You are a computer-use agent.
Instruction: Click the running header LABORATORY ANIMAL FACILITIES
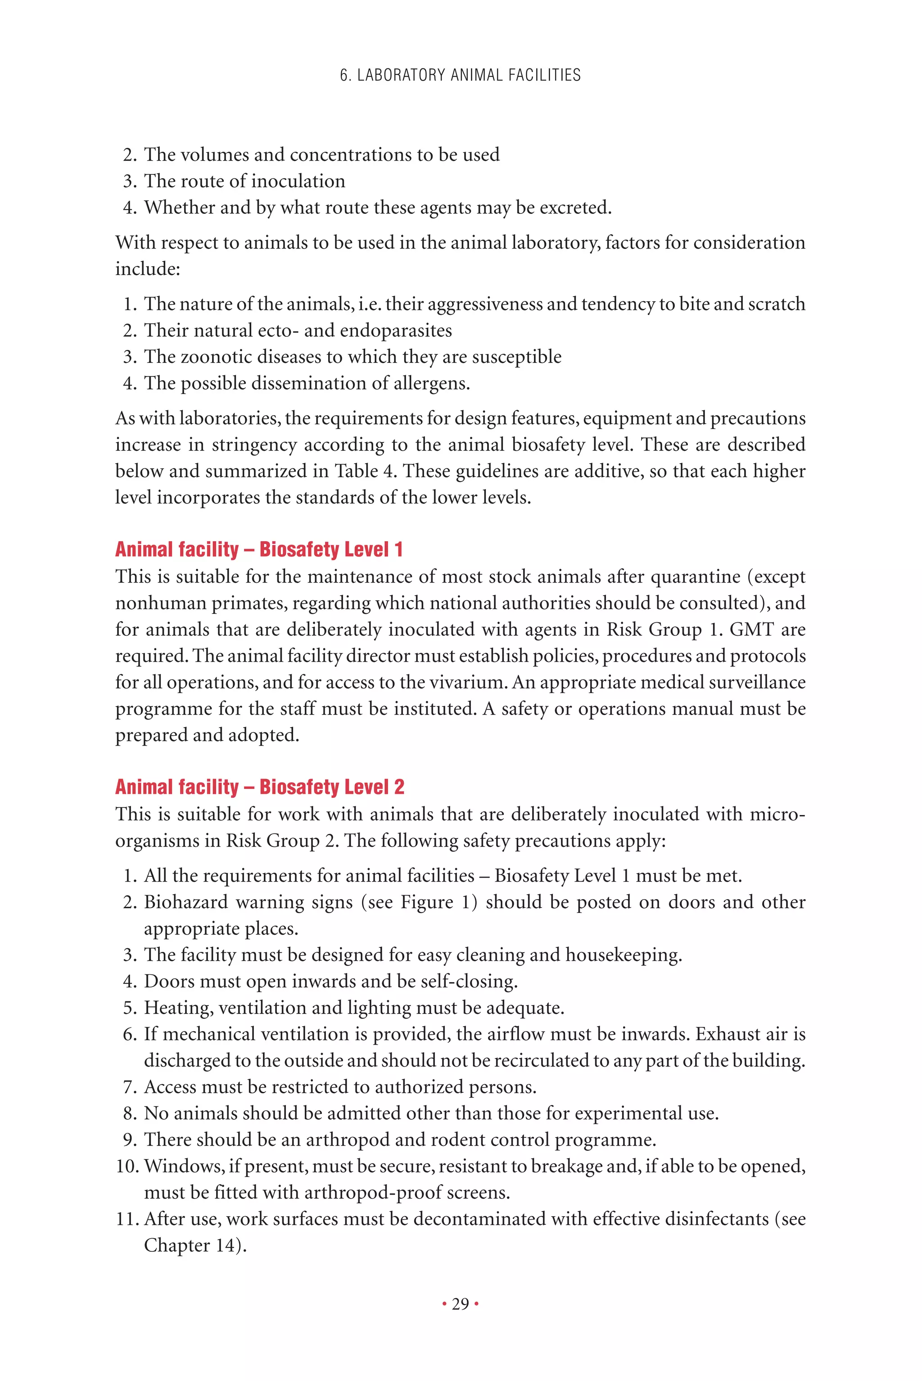(461, 75)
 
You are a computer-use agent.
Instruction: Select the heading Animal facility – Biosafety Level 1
(259, 549)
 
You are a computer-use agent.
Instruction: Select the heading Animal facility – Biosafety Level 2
(260, 787)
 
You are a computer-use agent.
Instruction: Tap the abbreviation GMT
(752, 629)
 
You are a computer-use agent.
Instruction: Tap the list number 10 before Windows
(126, 1166)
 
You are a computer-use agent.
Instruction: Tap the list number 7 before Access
(129, 1087)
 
